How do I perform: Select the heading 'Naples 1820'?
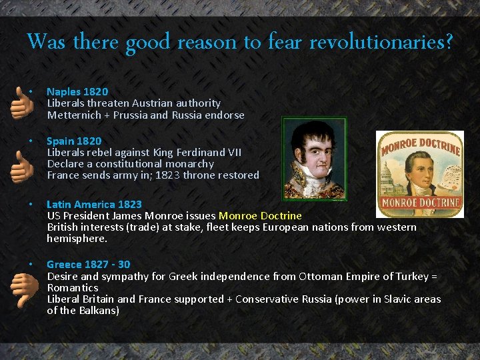[77, 91]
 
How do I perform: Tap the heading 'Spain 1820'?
[74, 141]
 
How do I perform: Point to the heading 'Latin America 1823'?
[94, 204]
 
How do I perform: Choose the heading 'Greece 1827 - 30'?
[88, 264]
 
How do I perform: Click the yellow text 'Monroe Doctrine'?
[260, 216]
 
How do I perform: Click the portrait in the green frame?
[314, 159]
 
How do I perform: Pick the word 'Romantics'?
[73, 288]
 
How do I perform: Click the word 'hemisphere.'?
[77, 239]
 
